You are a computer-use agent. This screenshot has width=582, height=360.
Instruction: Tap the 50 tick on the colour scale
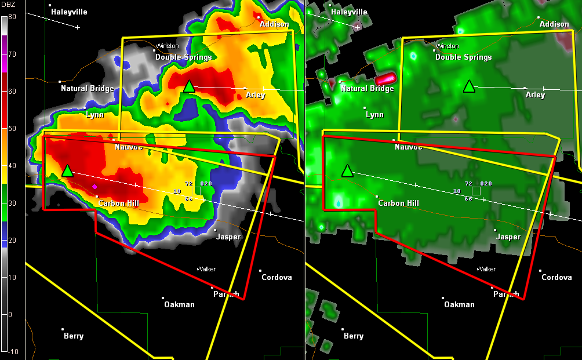click(12, 128)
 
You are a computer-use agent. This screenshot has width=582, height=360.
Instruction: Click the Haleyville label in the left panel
click(70, 12)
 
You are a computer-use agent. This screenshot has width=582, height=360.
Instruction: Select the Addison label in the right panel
click(554, 24)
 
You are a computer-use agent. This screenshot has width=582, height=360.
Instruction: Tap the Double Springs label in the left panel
click(183, 57)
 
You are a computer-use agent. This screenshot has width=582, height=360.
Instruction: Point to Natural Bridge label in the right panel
click(368, 89)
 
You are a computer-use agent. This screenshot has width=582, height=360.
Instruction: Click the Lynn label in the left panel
click(94, 115)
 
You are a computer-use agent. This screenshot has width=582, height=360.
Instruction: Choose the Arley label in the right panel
click(536, 95)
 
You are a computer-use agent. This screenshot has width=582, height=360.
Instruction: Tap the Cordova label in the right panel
click(556, 277)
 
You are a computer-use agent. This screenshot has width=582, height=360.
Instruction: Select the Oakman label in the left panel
click(179, 304)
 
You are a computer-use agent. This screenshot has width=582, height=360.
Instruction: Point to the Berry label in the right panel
click(354, 336)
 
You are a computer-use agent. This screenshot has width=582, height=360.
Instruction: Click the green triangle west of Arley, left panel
click(189, 87)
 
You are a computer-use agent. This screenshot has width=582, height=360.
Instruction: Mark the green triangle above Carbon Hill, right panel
click(347, 171)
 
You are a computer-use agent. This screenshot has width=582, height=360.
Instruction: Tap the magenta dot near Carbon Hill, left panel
click(94, 187)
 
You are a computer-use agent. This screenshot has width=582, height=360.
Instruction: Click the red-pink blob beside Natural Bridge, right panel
click(385, 78)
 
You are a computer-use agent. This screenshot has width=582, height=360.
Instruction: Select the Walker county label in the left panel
click(206, 269)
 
